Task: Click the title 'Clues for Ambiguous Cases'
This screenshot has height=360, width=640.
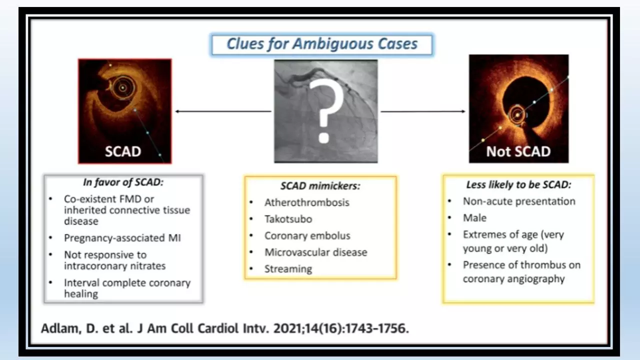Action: (x=322, y=44)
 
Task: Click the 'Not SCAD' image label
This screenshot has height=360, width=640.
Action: (x=518, y=151)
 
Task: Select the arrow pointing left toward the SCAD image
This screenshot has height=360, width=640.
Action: (x=223, y=111)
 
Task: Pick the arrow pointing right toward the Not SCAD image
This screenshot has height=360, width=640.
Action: (x=423, y=111)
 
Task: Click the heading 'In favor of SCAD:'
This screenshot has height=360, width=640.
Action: (x=123, y=182)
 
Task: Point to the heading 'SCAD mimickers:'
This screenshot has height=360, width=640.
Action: (x=320, y=185)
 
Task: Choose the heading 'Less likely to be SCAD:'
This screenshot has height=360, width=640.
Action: (x=518, y=184)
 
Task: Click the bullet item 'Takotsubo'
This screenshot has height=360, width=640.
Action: (x=288, y=219)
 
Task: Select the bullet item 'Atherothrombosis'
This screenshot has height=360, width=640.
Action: (x=307, y=202)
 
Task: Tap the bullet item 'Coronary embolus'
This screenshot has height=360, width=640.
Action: (x=307, y=235)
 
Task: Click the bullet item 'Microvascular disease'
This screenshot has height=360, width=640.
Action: (x=315, y=252)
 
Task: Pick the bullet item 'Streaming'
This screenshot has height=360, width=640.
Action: (x=288, y=269)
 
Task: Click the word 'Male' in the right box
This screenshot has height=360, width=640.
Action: (x=474, y=218)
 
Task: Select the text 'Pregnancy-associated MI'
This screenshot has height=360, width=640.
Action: (x=122, y=238)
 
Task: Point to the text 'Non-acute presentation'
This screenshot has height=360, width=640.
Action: (x=519, y=201)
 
